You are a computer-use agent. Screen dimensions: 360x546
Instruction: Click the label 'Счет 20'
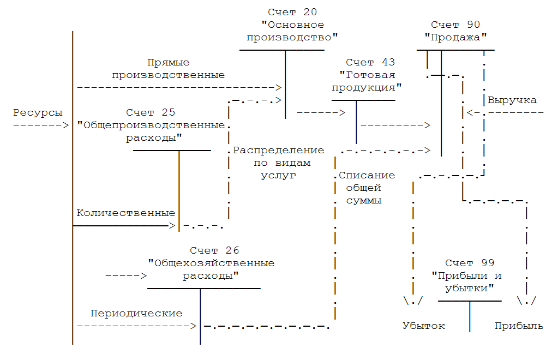[292, 12]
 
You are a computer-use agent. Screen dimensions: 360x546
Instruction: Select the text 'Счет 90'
[455, 25]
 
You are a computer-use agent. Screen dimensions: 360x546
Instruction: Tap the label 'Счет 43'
[370, 63]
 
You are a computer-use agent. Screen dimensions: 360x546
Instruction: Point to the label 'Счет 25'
[151, 113]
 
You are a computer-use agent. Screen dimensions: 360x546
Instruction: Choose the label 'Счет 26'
[214, 250]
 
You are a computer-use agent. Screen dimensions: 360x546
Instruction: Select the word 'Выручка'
[512, 100]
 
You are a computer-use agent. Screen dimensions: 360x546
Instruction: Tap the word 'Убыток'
[424, 326]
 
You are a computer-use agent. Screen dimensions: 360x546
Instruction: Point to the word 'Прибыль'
[519, 326]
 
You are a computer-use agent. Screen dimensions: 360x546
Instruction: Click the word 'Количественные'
[125, 213]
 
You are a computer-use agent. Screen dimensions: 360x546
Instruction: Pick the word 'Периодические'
[136, 314]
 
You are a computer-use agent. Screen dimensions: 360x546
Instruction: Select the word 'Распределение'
[278, 151]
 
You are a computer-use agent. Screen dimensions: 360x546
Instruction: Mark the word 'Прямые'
[169, 63]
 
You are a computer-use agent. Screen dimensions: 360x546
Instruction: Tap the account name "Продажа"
[455, 38]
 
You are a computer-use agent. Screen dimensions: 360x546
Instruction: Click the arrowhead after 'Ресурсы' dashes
[65, 125]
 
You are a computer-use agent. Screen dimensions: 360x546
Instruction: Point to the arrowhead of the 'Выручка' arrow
[470, 113]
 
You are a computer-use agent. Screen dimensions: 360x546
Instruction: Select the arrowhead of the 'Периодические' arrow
[193, 326]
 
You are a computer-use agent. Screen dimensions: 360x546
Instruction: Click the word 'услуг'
[278, 176]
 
